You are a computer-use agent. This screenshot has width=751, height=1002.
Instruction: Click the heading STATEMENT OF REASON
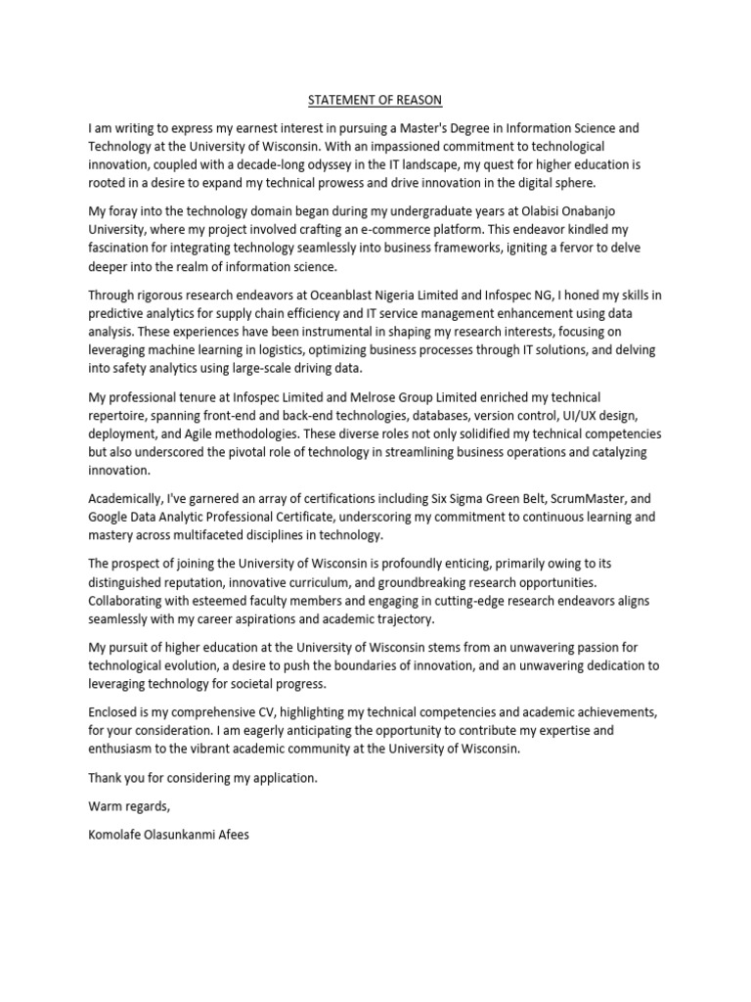click(375, 99)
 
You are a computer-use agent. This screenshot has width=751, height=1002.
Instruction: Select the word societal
click(244, 683)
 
